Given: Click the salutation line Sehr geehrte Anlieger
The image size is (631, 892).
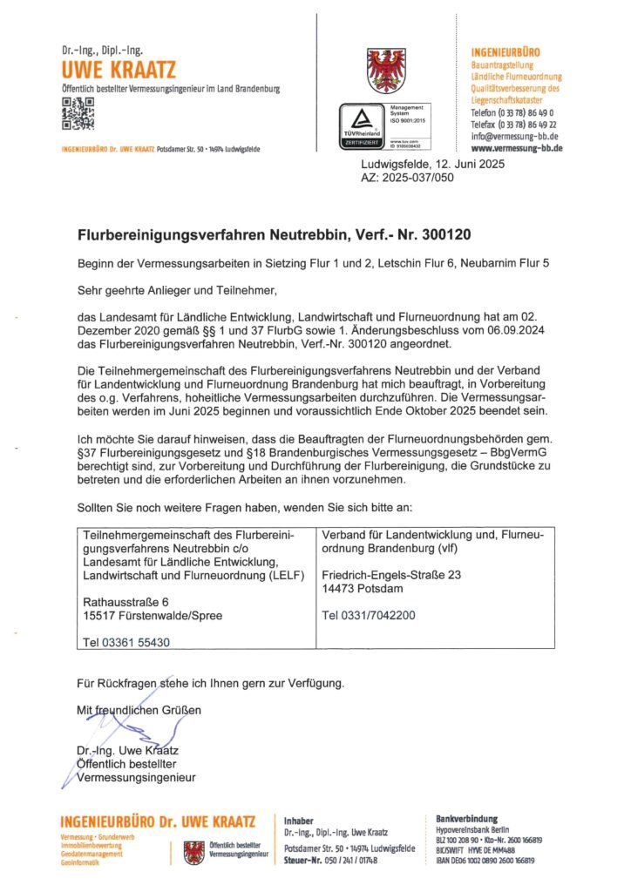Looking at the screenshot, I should (176, 285).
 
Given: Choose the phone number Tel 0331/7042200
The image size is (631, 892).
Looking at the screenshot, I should (369, 615).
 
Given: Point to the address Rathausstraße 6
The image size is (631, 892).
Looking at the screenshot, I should (126, 602).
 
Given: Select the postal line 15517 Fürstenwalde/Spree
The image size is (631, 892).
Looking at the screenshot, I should (152, 615).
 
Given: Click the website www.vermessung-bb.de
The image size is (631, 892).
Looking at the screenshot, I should (516, 148).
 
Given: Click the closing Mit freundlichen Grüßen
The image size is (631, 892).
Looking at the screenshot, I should (139, 710).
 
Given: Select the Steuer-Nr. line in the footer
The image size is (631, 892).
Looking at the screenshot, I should (330, 860).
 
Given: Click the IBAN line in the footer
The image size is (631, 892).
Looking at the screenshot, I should (488, 861).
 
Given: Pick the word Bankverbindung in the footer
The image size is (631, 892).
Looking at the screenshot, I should (466, 818).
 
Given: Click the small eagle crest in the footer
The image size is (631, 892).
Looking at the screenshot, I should (193, 851).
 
